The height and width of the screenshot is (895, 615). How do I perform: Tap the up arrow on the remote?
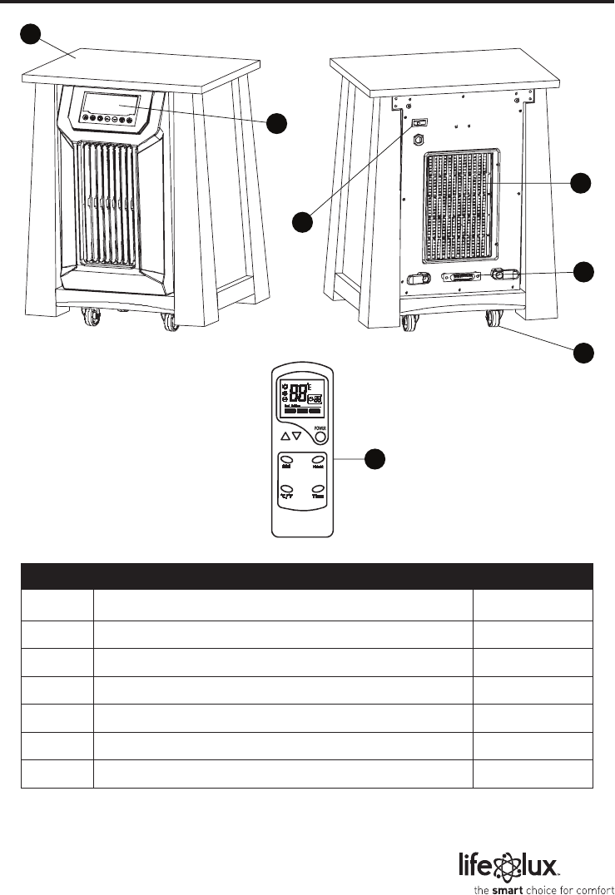tap(286, 436)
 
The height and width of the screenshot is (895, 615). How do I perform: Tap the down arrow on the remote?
tap(297, 436)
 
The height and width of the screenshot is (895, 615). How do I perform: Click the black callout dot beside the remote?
tap(376, 458)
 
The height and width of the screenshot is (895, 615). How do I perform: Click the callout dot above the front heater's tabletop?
tap(31, 34)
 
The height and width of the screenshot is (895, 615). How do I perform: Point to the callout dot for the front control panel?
tap(277, 123)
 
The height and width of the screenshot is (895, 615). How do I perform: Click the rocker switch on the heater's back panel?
tap(420, 122)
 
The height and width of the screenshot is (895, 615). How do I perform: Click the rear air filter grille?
tap(463, 205)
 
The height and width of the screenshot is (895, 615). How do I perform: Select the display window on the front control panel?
tap(116, 106)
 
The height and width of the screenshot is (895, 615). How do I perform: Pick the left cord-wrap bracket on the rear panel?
tap(417, 279)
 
